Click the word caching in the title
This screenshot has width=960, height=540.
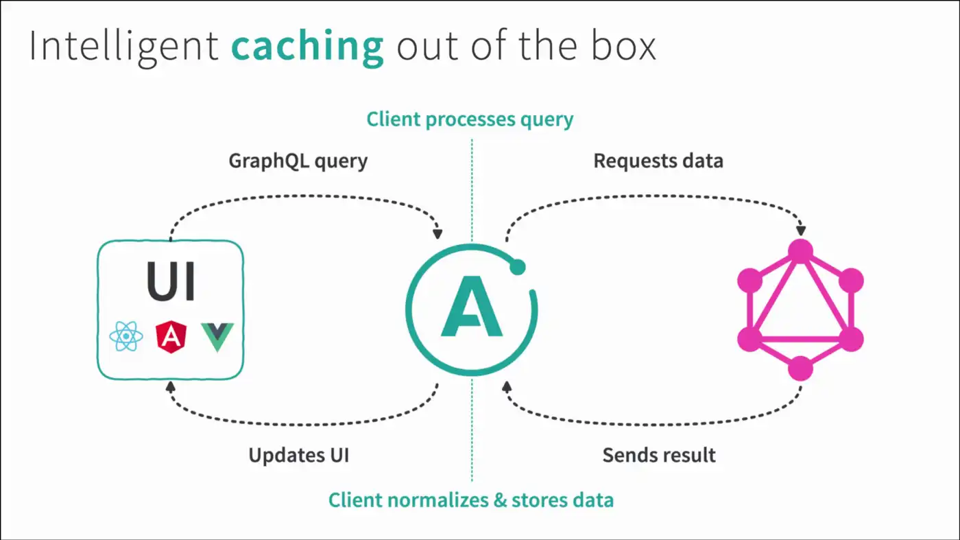pyautogui.click(x=307, y=47)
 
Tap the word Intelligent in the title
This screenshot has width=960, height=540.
pyautogui.click(x=123, y=47)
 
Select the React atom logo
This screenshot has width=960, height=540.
pyautogui.click(x=126, y=337)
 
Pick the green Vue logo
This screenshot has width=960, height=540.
pyautogui.click(x=217, y=337)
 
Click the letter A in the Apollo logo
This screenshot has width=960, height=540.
pyautogui.click(x=471, y=307)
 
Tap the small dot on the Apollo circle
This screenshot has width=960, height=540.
pyautogui.click(x=518, y=268)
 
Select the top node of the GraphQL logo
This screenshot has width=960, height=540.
pyautogui.click(x=800, y=251)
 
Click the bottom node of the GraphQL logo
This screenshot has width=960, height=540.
pyautogui.click(x=800, y=368)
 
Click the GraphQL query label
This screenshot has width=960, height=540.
pyautogui.click(x=298, y=161)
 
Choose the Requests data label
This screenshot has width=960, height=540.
pyautogui.click(x=658, y=161)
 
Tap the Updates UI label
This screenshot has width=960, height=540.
pyautogui.click(x=298, y=455)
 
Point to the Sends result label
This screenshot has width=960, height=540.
pyautogui.click(x=659, y=455)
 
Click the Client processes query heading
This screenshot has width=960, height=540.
pyautogui.click(x=470, y=119)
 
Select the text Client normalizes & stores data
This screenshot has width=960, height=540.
pyautogui.click(x=470, y=500)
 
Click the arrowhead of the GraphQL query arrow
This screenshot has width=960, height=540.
pyautogui.click(x=437, y=233)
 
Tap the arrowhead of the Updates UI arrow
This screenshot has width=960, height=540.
pyautogui.click(x=170, y=388)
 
